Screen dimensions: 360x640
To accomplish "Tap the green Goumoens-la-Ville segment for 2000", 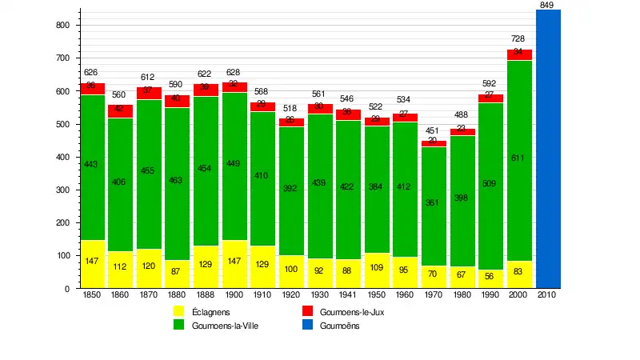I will [x=519, y=160].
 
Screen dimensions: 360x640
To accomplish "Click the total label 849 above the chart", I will [x=547, y=6].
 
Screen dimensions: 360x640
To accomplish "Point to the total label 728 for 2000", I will [x=519, y=39].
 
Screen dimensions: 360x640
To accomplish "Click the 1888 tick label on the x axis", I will [x=206, y=295].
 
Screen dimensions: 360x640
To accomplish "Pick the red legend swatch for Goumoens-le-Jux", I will [x=307, y=312].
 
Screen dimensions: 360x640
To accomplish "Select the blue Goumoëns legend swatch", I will [x=307, y=326].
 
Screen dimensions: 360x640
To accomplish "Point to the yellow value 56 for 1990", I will [x=490, y=274].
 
